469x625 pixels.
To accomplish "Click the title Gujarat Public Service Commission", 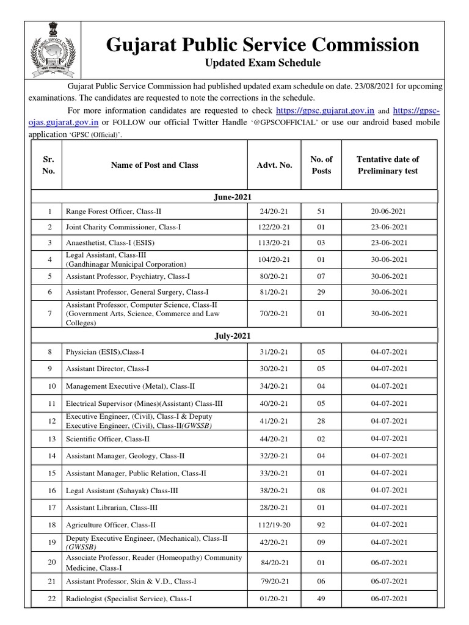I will [x=263, y=45].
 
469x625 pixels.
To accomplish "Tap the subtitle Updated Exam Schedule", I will [x=262, y=63].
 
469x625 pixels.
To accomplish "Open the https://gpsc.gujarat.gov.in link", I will [x=325, y=110].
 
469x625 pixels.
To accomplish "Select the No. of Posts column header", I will [x=321, y=165].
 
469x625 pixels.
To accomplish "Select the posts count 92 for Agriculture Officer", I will [x=321, y=524].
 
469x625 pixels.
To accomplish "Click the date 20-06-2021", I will [x=388, y=211].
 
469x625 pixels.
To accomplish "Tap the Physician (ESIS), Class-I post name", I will [x=104, y=352].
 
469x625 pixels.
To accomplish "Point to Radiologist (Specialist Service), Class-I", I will [x=129, y=599].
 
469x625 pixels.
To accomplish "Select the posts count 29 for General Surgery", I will [x=321, y=292].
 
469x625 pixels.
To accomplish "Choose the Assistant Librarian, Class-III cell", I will [x=110, y=507].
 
